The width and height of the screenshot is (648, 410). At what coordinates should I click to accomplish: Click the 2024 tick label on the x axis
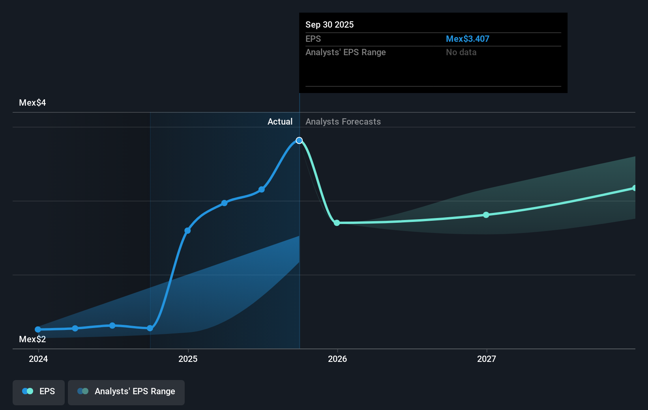(38, 359)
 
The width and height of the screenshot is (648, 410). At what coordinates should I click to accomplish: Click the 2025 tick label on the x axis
(188, 359)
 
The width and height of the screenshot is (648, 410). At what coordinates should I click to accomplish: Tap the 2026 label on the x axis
(337, 359)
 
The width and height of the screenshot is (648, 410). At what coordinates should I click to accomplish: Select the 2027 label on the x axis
(487, 359)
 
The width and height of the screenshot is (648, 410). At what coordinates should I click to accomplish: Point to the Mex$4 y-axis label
(32, 102)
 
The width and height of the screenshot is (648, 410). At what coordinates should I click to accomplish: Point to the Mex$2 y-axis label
(32, 339)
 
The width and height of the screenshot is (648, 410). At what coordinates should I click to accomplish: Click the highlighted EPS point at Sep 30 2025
(299, 140)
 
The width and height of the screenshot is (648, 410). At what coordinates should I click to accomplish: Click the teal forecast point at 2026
(337, 223)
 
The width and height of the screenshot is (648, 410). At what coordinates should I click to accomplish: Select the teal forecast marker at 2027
(486, 215)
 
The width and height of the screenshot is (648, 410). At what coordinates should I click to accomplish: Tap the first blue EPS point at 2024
(38, 329)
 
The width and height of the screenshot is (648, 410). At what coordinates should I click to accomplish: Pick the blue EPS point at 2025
(188, 231)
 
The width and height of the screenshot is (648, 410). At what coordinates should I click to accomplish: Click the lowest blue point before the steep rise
(150, 328)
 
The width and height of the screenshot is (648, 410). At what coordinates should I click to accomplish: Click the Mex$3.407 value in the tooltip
(467, 39)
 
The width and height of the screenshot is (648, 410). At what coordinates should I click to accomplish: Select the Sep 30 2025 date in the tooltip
(330, 24)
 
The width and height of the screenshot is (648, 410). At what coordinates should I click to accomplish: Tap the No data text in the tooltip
(461, 52)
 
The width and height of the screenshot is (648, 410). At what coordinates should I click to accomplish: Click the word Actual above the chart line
(280, 121)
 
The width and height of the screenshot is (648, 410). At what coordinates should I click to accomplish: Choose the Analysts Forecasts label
(343, 121)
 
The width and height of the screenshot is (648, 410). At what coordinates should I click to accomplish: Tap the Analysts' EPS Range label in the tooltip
(345, 52)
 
